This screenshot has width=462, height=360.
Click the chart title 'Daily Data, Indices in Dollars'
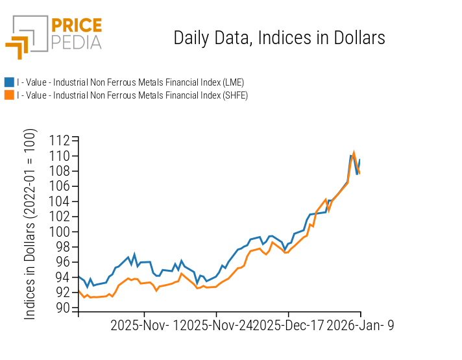pos(279,38)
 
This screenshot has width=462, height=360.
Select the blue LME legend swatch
pos(9,82)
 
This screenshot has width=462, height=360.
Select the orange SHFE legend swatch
pos(9,95)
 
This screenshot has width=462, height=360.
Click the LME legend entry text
pos(130,82)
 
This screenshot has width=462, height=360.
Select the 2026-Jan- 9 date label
pos(360,326)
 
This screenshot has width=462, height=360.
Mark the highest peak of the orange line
pos(354,152)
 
